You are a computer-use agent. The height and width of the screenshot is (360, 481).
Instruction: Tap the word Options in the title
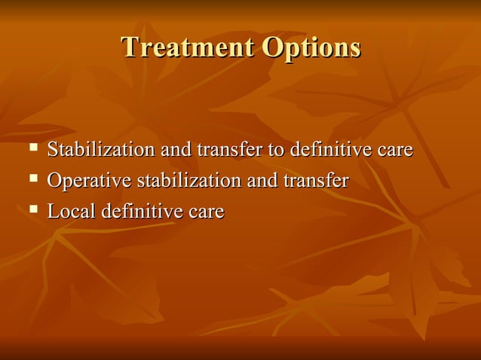tap(311, 47)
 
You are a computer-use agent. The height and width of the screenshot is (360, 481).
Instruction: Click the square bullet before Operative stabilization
tap(32, 179)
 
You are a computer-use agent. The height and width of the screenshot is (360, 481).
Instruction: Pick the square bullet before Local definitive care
tap(32, 210)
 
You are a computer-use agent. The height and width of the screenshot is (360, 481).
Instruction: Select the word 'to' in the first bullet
tap(276, 150)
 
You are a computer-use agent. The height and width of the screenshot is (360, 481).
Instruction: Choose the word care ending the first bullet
tap(395, 150)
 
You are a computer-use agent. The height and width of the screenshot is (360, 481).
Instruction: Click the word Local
tap(71, 212)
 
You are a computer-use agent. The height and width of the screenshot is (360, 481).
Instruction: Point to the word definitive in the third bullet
tap(142, 212)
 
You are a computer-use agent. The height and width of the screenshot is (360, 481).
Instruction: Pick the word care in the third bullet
tap(207, 212)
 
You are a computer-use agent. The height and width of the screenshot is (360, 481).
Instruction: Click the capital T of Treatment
tap(130, 47)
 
